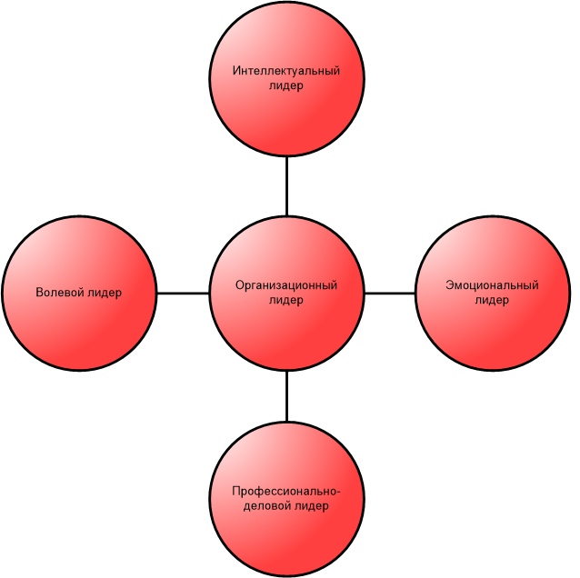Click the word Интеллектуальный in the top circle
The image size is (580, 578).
click(286, 70)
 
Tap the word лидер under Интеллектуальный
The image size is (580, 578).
click(286, 85)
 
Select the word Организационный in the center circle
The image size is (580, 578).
click(286, 285)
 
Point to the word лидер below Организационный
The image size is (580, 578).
click(286, 300)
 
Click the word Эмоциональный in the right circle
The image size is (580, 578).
click(492, 285)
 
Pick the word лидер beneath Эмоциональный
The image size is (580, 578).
click(492, 300)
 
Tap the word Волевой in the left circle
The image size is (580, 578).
click(59, 292)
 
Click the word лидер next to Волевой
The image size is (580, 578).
click(105, 293)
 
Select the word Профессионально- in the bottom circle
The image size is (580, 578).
click(286, 491)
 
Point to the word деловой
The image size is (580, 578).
click(267, 506)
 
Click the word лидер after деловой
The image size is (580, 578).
click(312, 506)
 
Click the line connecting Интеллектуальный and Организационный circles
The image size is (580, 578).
click(286, 186)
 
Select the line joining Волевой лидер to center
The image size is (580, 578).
click(183, 294)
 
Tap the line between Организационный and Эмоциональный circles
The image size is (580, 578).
click(390, 294)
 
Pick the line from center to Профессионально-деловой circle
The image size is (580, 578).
click(286, 396)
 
